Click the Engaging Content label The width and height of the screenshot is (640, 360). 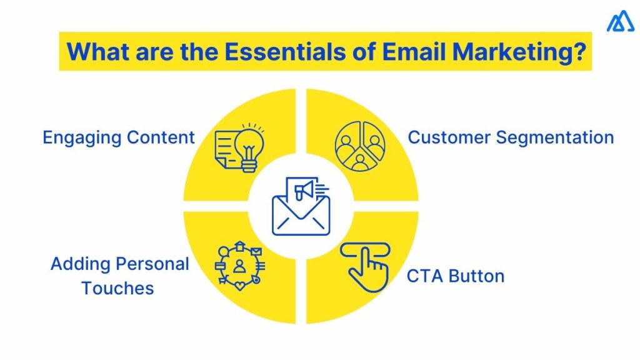pos(119,137)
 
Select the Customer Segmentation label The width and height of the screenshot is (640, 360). pos(511,137)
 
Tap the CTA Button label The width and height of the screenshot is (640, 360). pos(455,276)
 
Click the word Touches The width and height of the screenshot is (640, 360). pos(117,288)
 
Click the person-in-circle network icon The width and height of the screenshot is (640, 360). pos(239,266)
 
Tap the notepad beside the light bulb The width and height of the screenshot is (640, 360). pos(225,148)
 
